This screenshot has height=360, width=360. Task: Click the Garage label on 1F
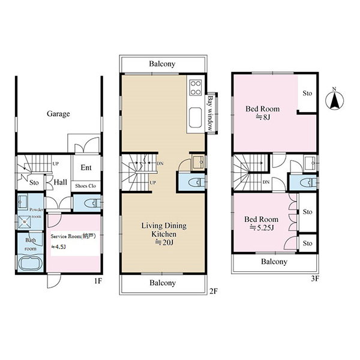coord(58,114)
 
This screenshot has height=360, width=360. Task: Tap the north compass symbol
coord(335,100)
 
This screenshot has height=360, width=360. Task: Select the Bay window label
coord(211,113)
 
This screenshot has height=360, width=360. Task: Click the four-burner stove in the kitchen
coord(196,88)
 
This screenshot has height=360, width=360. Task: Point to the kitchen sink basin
coord(196,118)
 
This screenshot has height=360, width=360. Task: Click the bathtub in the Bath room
coord(30,264)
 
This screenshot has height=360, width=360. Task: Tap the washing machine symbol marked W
coord(25,222)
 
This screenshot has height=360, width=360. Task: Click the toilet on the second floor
coord(197,183)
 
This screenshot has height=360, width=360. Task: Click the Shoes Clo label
coord(85,186)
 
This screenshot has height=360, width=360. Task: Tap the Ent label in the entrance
coord(86,167)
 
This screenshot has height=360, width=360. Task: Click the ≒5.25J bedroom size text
coord(262,228)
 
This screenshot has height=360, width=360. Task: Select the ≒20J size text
coord(164,242)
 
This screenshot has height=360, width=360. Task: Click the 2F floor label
coord(213,292)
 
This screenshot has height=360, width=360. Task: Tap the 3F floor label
coord(315,278)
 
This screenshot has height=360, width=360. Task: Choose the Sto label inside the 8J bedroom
coord(307,93)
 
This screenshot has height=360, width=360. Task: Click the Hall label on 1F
coord(61,182)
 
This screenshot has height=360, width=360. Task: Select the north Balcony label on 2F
coord(162,64)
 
